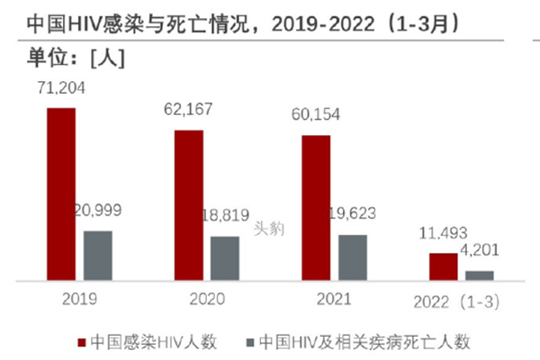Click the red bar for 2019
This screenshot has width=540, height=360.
[x=61, y=194]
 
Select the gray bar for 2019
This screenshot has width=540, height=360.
[x=98, y=256]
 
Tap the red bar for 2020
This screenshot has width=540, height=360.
[x=188, y=206]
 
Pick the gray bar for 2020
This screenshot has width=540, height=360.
[x=225, y=259]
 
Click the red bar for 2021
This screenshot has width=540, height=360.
[x=316, y=208]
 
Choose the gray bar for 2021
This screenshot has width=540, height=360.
[x=353, y=258]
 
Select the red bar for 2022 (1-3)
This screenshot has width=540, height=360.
[x=443, y=267]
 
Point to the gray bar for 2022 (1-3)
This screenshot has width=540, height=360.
[x=480, y=276]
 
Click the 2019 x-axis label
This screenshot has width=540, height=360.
[x=79, y=297]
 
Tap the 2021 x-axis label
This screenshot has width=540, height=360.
[x=334, y=297]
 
